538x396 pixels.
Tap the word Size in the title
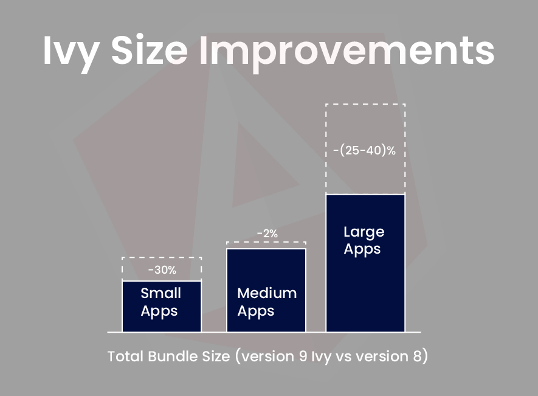click(150, 50)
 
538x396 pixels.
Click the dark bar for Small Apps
click(162, 307)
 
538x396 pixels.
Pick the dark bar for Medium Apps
click(266, 290)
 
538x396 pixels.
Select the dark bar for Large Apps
click(365, 263)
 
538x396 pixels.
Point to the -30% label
click(162, 270)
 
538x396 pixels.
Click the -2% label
click(267, 234)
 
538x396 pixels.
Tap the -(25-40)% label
click(364, 150)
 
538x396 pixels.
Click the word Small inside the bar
click(160, 293)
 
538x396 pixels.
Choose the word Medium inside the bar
click(267, 293)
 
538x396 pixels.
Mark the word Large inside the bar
click(364, 232)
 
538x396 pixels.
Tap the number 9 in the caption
click(303, 356)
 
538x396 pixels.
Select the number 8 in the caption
click(416, 356)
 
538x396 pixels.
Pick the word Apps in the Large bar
click(362, 249)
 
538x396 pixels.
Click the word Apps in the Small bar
click(159, 312)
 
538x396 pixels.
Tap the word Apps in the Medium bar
click(255, 312)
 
